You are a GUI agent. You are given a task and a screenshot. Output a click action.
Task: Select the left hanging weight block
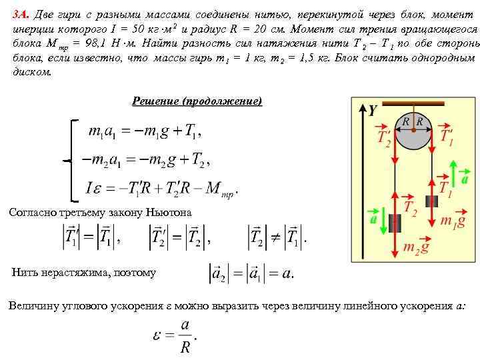click(x=395, y=223)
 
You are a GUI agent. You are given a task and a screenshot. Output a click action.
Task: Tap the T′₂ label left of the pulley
click(x=384, y=139)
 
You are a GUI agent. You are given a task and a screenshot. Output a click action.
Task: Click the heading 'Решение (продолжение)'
click(x=197, y=101)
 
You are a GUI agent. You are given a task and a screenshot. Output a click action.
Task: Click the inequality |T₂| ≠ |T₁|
click(x=277, y=235)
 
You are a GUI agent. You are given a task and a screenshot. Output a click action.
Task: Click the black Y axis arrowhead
click(x=362, y=109)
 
